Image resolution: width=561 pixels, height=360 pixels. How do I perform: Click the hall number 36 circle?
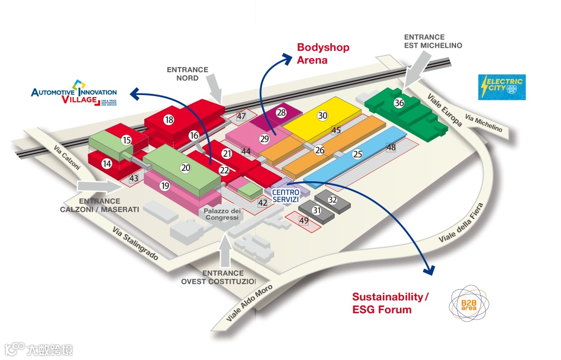pyautogui.click(x=399, y=103)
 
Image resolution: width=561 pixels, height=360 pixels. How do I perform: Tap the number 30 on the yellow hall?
pyautogui.click(x=323, y=116)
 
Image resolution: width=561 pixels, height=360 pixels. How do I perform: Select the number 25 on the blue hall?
pyautogui.click(x=357, y=154)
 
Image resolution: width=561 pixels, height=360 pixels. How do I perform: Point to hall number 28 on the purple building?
pyautogui.click(x=281, y=112)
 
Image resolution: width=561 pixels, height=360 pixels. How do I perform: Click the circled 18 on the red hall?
pyautogui.click(x=169, y=119)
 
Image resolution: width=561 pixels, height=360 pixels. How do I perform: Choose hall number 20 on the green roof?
pyautogui.click(x=185, y=168)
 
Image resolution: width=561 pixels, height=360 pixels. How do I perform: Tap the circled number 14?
pyautogui.click(x=107, y=164)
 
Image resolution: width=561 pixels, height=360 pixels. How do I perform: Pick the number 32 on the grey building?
pyautogui.click(x=333, y=199)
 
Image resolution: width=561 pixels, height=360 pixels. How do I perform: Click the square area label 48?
pyautogui.click(x=391, y=148)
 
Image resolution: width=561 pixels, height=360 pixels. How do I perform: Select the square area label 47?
pyautogui.click(x=241, y=116)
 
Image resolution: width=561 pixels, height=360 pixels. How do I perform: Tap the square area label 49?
pyautogui.click(x=304, y=220)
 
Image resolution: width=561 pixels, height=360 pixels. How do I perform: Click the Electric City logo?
pyautogui.click(x=502, y=87)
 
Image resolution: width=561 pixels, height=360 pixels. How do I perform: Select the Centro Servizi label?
pyautogui.click(x=286, y=196)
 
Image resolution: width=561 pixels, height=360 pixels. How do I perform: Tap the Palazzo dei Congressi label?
pyautogui.click(x=222, y=214)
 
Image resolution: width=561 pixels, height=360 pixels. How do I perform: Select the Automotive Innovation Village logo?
pyautogui.click(x=74, y=94)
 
